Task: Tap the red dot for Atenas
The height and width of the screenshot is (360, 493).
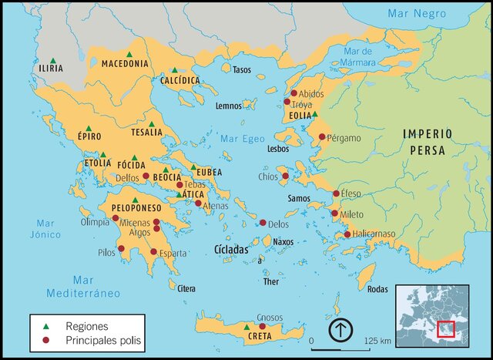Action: coord(198,204)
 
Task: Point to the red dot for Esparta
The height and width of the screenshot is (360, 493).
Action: coord(153,252)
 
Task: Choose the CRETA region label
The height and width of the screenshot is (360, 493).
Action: coord(259,336)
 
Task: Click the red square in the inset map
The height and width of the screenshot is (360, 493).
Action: coord(446,329)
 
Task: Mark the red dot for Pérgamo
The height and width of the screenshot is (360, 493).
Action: coord(323,137)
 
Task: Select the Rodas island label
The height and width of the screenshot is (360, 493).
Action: coord(378,289)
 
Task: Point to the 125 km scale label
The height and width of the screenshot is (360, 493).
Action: coord(377,340)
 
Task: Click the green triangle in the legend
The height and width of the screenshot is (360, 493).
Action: coord(45,326)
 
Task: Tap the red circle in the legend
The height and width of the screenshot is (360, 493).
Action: coord(45,340)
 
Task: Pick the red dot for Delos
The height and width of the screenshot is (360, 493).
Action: coord(263,223)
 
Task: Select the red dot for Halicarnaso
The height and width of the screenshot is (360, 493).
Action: coord(347,234)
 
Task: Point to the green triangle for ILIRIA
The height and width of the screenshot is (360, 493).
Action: coord(52,60)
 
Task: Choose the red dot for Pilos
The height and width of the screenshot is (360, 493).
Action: coord(121,248)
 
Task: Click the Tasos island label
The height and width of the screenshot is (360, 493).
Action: coord(242,69)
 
